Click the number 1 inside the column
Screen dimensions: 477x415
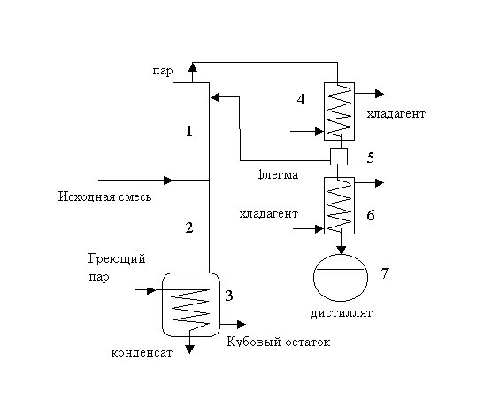(x=189, y=131)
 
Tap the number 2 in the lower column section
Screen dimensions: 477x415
(x=189, y=227)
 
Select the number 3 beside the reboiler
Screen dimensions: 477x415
(x=229, y=296)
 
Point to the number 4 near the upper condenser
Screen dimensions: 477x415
(x=301, y=99)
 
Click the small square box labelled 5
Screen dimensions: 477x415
(x=339, y=157)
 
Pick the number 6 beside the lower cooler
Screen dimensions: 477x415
(x=371, y=215)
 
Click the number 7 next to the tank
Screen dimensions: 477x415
(x=385, y=273)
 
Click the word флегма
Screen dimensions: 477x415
(x=278, y=175)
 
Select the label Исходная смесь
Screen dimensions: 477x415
(x=104, y=196)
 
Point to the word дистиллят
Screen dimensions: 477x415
(x=342, y=313)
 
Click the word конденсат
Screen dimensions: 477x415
(x=142, y=353)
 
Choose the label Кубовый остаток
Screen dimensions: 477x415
(x=279, y=342)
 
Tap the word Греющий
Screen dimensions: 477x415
(x=117, y=259)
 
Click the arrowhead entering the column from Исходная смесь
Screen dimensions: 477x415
(x=168, y=181)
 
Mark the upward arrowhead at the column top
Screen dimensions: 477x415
(x=193, y=67)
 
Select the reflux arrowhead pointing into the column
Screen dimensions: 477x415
(x=215, y=97)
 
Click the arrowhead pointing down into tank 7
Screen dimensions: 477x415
(x=342, y=250)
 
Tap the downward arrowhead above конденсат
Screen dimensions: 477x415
(x=189, y=350)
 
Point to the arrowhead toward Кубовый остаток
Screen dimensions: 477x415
(x=242, y=325)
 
